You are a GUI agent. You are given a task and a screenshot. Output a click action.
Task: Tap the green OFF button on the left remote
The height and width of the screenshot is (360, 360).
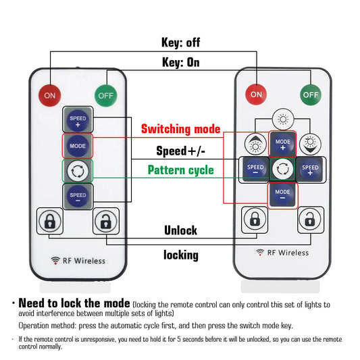click(x=106, y=95)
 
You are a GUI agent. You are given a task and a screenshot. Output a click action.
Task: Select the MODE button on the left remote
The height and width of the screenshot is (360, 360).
click(x=78, y=146)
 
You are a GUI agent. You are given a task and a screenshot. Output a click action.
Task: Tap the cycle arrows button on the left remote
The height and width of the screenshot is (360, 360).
click(x=78, y=171)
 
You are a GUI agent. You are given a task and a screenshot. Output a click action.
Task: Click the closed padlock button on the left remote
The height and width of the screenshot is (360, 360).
click(x=50, y=221)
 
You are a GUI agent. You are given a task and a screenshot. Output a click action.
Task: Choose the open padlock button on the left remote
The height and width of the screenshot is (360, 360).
click(x=106, y=221)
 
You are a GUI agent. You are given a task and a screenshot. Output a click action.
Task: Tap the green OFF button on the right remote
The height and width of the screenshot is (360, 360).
click(x=311, y=95)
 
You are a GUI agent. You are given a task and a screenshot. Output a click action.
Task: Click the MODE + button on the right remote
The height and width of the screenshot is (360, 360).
click(x=282, y=144)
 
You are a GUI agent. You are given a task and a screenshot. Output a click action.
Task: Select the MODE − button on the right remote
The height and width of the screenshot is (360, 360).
click(x=282, y=195)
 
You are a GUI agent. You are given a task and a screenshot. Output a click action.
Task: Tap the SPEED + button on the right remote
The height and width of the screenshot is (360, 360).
click(x=310, y=170)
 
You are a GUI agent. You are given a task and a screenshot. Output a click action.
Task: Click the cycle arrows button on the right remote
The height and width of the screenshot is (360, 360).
click(x=282, y=170)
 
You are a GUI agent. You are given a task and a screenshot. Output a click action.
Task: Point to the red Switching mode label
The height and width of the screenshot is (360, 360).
click(x=181, y=129)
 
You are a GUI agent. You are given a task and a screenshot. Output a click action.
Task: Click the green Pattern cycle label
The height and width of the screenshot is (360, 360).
click(x=181, y=170)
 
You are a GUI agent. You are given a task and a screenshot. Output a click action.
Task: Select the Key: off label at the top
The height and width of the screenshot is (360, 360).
click(x=181, y=43)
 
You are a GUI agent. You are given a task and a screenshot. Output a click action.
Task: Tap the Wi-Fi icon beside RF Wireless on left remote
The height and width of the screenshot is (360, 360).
click(x=55, y=261)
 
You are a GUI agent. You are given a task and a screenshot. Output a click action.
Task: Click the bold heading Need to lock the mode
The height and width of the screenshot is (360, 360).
click(x=74, y=303)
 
